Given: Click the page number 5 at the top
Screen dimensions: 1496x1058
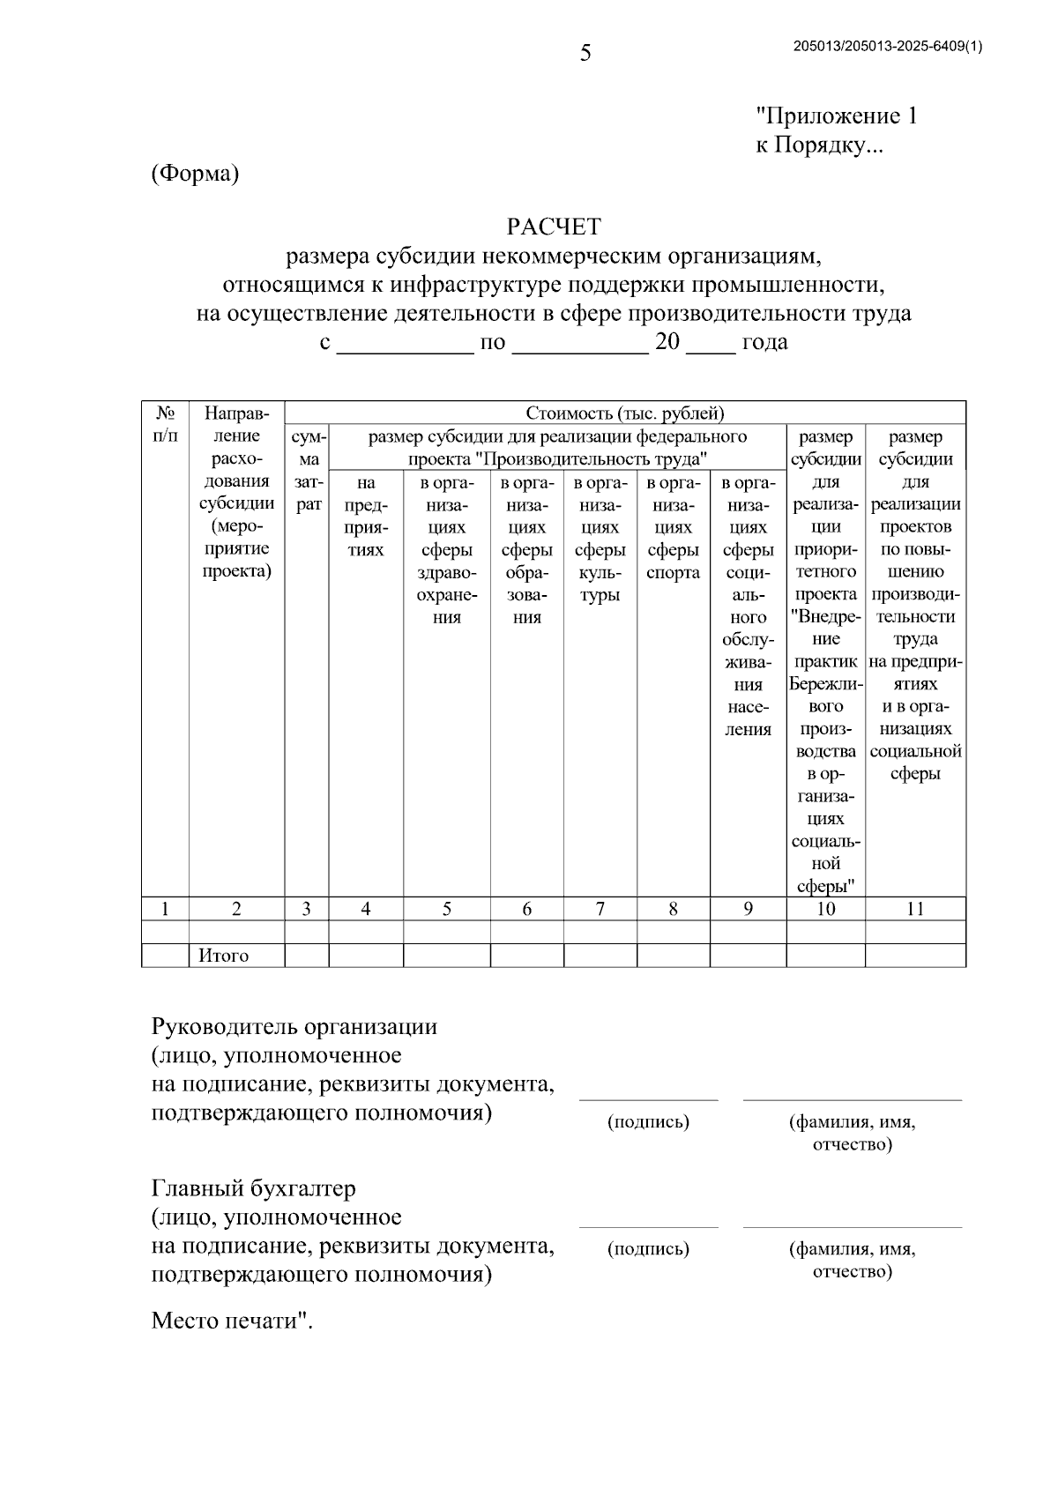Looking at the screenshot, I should click(585, 55).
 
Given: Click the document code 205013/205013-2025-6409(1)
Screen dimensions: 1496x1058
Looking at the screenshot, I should click(888, 48).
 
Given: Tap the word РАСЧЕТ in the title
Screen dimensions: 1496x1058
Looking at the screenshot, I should click(554, 227).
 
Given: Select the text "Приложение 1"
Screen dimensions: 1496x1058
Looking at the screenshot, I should click(837, 116).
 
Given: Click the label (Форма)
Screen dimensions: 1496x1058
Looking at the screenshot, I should click(195, 174).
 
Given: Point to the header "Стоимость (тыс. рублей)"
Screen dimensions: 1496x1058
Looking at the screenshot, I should click(625, 413).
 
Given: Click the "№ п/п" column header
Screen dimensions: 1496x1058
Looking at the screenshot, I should click(165, 424).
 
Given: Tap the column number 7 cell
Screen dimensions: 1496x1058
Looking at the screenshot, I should click(600, 909).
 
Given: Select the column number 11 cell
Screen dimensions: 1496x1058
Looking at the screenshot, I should click(915, 909).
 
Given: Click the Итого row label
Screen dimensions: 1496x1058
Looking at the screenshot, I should click(223, 956).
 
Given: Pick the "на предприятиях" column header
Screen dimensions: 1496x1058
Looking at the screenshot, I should click(366, 517).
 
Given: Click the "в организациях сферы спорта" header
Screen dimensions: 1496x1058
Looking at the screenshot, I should click(673, 528).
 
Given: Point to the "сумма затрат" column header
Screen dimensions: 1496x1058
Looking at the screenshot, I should click(307, 471).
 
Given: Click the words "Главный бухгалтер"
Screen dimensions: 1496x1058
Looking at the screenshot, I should click(254, 1188).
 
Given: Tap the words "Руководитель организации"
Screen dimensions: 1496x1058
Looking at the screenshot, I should click(294, 1027).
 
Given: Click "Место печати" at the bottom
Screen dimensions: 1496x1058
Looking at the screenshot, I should click(231, 1321).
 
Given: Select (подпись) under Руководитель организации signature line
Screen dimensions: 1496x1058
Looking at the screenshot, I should click(648, 1122).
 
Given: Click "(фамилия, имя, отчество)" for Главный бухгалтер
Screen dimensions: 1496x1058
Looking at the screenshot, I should click(852, 1260).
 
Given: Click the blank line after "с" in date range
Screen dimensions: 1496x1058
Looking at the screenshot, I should click(406, 345).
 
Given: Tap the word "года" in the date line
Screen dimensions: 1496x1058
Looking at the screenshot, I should click(764, 342).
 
